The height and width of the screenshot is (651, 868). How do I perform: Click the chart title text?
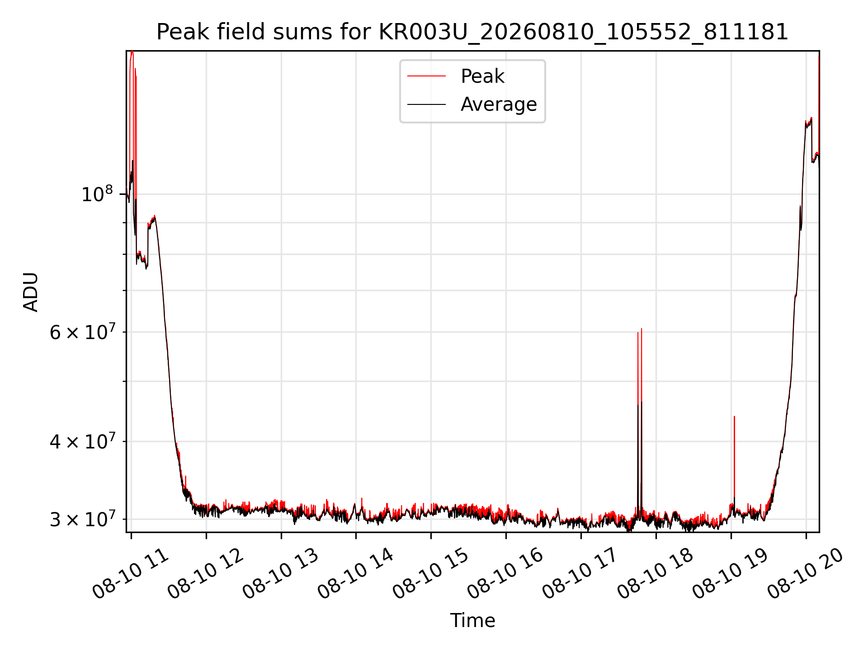point(472,32)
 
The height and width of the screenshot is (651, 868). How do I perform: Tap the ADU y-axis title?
point(31,292)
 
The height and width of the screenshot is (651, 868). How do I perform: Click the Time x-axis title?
point(472,620)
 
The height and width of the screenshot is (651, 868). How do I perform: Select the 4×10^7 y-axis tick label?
point(82,441)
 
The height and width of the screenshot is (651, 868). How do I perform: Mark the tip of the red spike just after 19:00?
point(734,416)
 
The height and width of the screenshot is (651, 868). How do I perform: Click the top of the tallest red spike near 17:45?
point(642,329)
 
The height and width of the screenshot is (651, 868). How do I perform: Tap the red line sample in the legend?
point(426,76)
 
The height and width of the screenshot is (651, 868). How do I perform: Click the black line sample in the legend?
point(426,104)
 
